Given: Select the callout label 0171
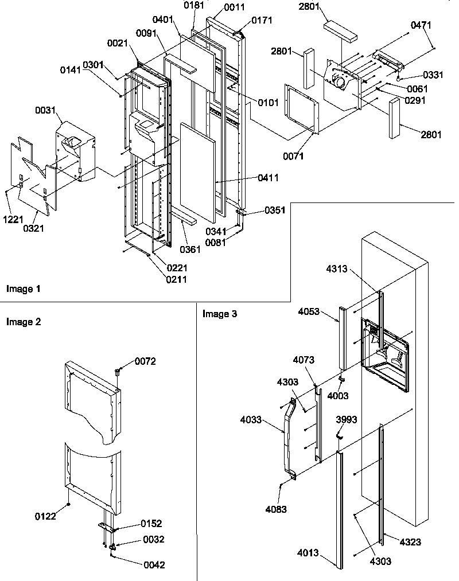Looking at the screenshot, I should tap(262, 21).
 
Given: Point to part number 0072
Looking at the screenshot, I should tap(145, 361).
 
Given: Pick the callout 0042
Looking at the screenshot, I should tap(154, 565).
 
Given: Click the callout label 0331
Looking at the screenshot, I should tap(433, 75).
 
